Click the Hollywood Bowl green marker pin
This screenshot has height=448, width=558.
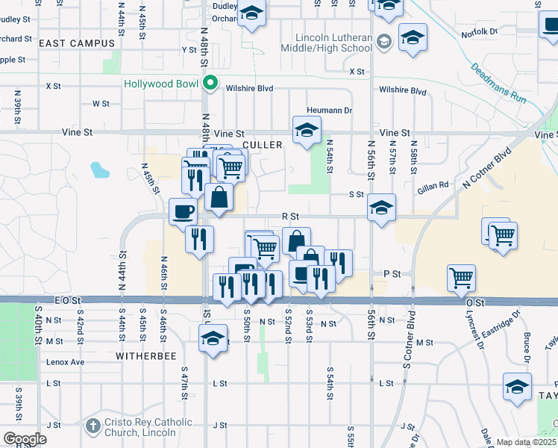pos(211,83)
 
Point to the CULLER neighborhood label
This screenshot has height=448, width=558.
pos(262,145)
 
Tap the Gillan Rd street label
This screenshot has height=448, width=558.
pos(433,185)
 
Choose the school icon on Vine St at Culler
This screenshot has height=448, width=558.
pos(305,130)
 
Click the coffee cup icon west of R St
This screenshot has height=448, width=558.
pos(183,211)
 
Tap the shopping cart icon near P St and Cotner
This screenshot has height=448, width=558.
pos(462,277)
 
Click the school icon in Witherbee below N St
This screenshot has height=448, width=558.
pos(213,337)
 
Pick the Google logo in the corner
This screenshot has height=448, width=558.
pos(25,439)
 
